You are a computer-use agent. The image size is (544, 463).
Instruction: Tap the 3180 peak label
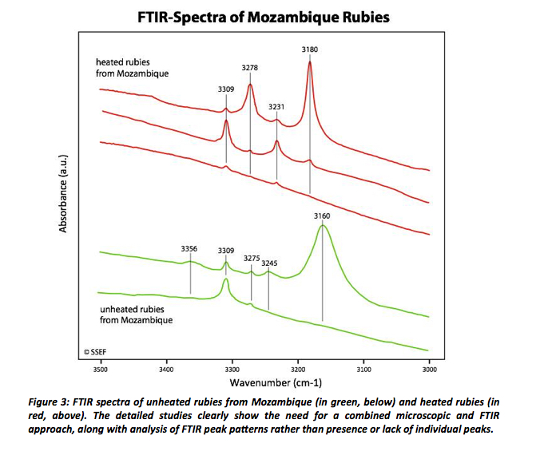(x=310, y=50)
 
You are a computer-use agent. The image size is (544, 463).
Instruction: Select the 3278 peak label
(x=250, y=69)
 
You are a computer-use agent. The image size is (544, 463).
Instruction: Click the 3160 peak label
(x=323, y=216)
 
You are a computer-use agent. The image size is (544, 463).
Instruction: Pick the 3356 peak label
(x=190, y=248)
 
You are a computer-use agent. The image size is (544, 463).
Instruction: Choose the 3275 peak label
(x=252, y=258)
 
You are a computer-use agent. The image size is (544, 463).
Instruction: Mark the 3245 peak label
(x=270, y=262)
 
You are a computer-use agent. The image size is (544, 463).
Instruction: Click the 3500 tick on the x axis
(x=100, y=370)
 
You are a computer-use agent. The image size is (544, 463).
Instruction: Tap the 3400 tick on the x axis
(x=166, y=370)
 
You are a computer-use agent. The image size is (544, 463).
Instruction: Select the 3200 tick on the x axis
(x=297, y=370)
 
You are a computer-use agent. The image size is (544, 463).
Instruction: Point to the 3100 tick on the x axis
(x=363, y=370)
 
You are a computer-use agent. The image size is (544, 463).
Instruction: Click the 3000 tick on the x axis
(x=429, y=370)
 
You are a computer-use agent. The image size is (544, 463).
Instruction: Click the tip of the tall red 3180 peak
(x=309, y=63)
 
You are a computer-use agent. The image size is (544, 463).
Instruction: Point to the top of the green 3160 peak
(x=323, y=226)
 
